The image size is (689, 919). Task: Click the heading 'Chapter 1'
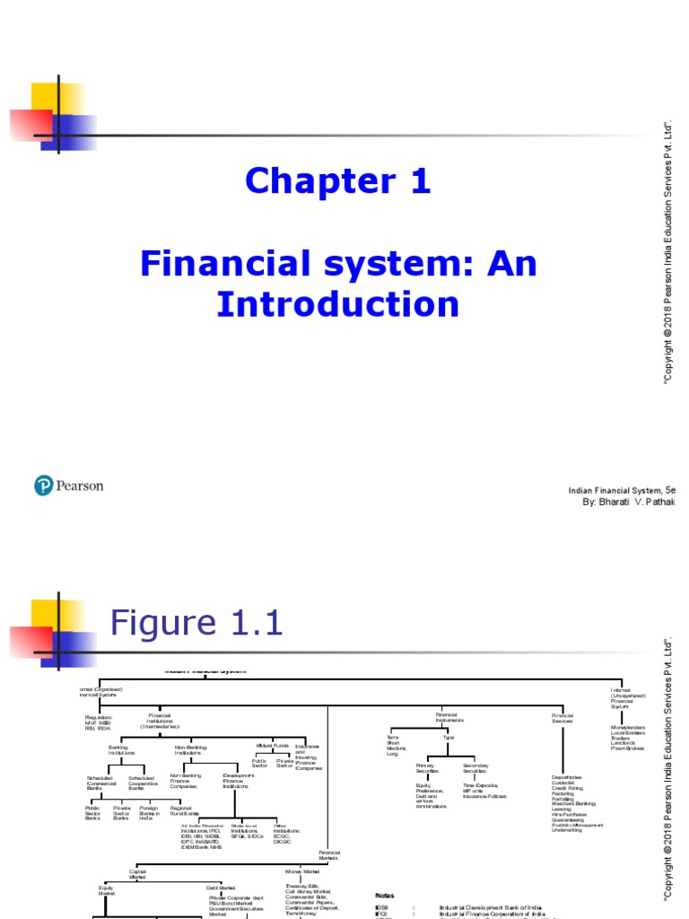[x=338, y=182]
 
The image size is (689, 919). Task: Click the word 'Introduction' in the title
[x=338, y=304]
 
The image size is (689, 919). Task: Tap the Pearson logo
[x=68, y=486]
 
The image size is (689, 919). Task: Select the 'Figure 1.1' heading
[x=196, y=623]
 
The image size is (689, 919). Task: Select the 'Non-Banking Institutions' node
[x=188, y=749]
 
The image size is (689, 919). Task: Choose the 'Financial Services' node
[x=563, y=717]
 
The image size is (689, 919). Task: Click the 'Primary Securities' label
[x=425, y=768]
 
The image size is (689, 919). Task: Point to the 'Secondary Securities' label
[x=475, y=768]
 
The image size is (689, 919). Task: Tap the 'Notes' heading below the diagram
[x=384, y=896]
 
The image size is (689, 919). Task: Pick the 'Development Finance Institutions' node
[x=234, y=780]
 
